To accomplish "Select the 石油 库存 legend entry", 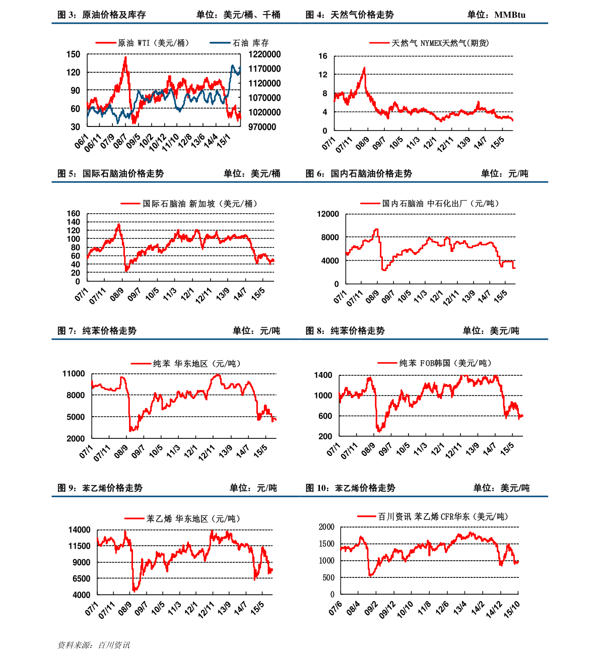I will click(250, 43).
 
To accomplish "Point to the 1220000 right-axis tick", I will click(264, 54).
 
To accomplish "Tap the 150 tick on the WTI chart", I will click(74, 54).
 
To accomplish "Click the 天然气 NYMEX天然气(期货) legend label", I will click(440, 43).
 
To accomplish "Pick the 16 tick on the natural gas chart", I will click(323, 56).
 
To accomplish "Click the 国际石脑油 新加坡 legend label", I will click(200, 204).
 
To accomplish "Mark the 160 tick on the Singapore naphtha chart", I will click(74, 214).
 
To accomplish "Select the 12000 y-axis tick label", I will click(328, 214).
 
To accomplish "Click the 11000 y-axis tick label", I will click(74, 374).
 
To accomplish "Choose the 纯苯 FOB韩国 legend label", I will click(445, 363).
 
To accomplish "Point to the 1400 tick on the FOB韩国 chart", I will click(323, 375).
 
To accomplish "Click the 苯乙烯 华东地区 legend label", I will click(193, 518).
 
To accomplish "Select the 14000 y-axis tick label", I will click(80, 530).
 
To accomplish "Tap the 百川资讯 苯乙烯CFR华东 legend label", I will click(443, 516).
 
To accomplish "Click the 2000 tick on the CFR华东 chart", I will click(326, 527).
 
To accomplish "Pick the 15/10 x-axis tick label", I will click(512, 609).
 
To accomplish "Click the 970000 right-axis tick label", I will click(262, 127).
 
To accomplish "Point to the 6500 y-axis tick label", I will click(82, 579).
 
